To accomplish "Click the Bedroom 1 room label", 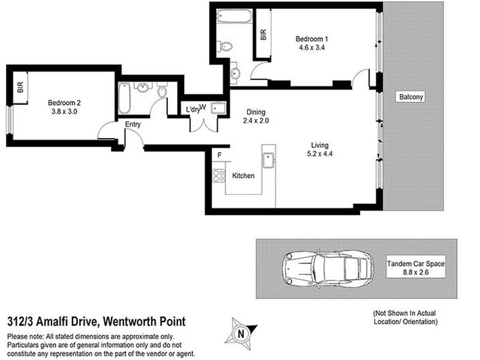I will click(x=311, y=40).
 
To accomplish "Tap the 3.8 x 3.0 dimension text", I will click(x=64, y=111).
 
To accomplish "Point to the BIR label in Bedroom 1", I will click(x=263, y=35).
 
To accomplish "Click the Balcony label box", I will click(x=410, y=97).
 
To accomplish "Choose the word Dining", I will click(x=256, y=112).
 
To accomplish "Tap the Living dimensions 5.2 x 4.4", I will click(x=319, y=154).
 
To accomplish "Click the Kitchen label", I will click(x=243, y=176).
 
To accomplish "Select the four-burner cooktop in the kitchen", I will click(x=218, y=176).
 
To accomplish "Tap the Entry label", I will click(x=133, y=124).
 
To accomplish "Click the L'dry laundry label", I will click(x=193, y=109).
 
